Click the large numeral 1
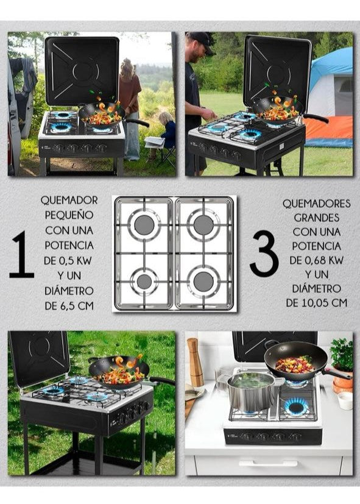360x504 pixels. [x=22, y=254]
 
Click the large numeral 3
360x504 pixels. [x=264, y=254]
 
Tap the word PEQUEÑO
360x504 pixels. [x=69, y=215]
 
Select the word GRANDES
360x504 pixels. [x=317, y=218]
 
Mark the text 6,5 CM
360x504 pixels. [x=77, y=305]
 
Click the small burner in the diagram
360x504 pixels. [x=144, y=282]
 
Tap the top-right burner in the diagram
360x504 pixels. [x=203, y=225]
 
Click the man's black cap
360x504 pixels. [x=200, y=41]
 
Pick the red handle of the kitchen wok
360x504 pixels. [x=337, y=374]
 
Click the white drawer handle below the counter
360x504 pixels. [x=269, y=463]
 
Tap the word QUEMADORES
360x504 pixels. [x=317, y=203]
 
